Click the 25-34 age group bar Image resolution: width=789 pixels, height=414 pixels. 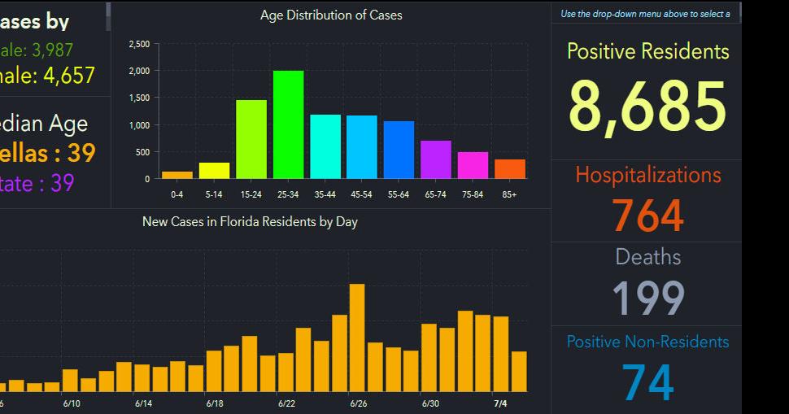[x=288, y=124]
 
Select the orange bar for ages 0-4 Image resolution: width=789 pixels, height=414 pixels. [x=177, y=174]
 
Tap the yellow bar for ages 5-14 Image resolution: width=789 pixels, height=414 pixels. [x=214, y=170]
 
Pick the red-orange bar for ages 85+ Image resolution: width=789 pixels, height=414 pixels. [x=509, y=168]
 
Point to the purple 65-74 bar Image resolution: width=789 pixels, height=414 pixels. [x=436, y=159]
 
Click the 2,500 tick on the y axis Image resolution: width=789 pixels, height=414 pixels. [x=139, y=45]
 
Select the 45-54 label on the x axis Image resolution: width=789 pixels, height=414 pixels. [x=362, y=194]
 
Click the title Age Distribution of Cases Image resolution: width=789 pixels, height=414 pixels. [x=331, y=15]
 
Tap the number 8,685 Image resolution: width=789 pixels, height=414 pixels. [x=647, y=107]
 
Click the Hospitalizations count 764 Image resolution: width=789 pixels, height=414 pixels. [x=647, y=215]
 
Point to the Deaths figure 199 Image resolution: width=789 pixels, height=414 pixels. [x=647, y=297]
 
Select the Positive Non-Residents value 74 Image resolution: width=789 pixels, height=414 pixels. [x=647, y=382]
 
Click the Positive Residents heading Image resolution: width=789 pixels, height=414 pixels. [x=647, y=51]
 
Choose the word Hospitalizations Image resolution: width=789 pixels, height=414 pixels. [x=647, y=175]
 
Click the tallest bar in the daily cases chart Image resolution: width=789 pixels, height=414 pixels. [x=356, y=338]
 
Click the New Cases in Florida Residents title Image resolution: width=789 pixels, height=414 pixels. [x=250, y=221]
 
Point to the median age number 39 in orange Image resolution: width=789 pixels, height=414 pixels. [x=82, y=153]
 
